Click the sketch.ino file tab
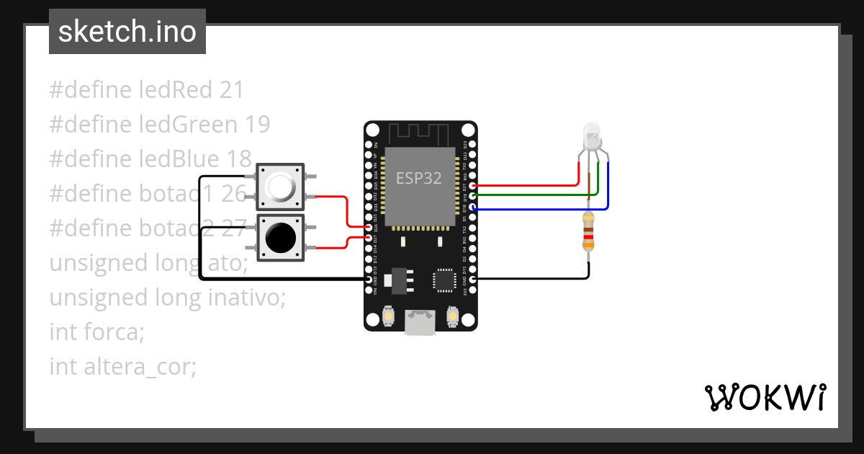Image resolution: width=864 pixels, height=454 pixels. pos(127,32)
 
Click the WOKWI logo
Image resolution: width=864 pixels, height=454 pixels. pos(764,397)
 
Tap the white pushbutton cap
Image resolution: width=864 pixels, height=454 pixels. pos(280,187)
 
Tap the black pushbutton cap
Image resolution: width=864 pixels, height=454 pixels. pos(280,236)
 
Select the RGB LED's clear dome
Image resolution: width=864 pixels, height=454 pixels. pos(591,133)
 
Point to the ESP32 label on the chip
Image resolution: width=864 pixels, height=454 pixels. pos(420,177)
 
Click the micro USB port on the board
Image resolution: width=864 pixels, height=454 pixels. pos(420,321)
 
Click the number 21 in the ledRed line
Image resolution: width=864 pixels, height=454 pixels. pos(231,90)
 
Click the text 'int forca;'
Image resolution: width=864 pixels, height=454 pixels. pos(96,332)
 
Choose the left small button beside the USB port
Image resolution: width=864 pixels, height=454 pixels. pos(388,316)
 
